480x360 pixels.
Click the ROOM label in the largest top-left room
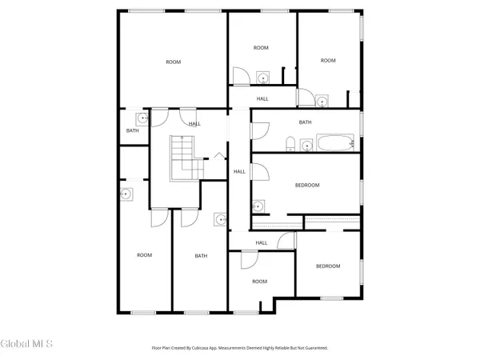point(174,62)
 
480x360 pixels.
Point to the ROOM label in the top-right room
point(328,60)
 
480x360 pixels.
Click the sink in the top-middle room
point(262,78)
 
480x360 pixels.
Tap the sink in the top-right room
point(321,101)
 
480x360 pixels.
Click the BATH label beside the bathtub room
point(305,122)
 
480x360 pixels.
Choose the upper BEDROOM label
point(307,185)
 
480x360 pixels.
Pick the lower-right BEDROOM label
point(328,266)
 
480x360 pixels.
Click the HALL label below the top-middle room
point(262,98)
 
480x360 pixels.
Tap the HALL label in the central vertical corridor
point(239,171)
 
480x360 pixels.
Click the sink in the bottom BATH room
point(220,218)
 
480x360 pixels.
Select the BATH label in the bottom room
point(201,256)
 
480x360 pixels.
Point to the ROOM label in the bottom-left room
point(144,255)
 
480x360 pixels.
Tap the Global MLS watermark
point(26,344)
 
